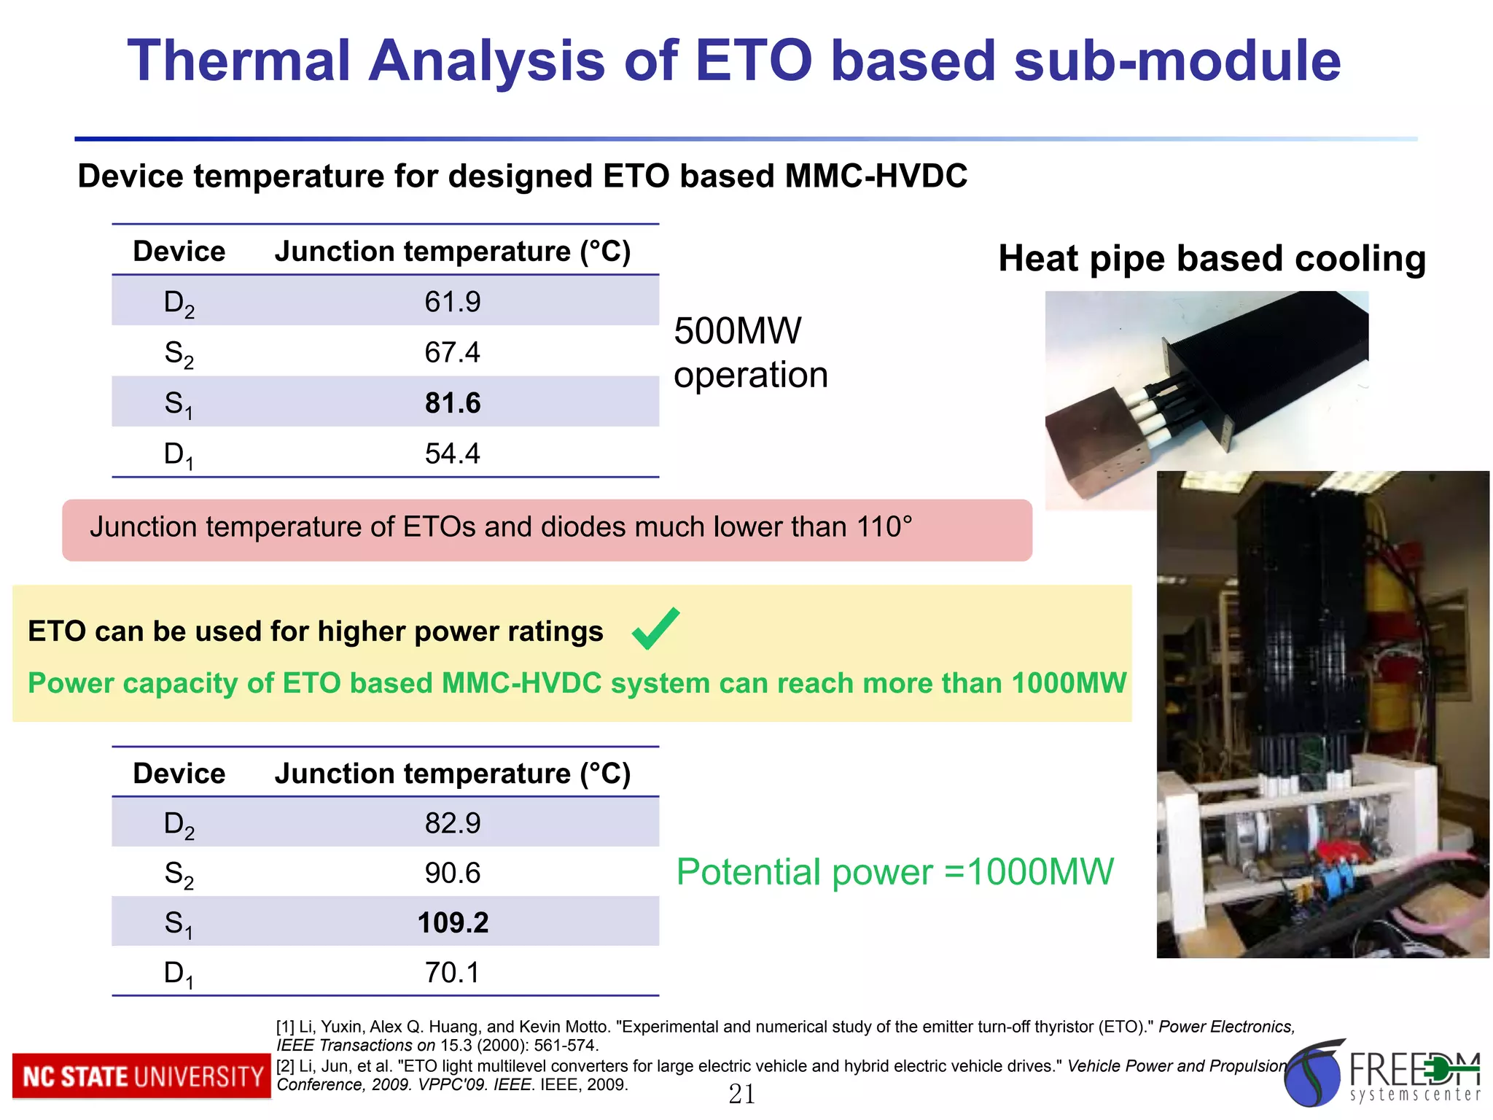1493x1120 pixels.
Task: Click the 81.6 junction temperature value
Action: tap(453, 402)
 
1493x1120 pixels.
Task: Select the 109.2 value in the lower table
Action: tap(453, 922)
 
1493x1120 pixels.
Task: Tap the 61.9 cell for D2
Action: tap(453, 302)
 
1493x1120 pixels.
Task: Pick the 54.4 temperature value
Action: tap(453, 454)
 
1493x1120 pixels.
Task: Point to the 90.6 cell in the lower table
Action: tap(453, 873)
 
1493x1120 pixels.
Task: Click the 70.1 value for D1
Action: tap(453, 973)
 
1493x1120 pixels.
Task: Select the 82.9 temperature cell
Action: tap(453, 823)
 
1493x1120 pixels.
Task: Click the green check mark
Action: tap(655, 629)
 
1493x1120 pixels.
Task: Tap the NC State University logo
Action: tap(141, 1076)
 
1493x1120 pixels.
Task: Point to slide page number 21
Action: tap(742, 1094)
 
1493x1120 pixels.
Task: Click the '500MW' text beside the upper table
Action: tap(737, 331)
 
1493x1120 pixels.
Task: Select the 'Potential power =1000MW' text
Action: tap(894, 872)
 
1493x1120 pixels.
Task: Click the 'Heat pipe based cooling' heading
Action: tap(1212, 258)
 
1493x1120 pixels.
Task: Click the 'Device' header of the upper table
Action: tap(179, 252)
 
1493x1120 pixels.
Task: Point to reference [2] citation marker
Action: tap(286, 1066)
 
